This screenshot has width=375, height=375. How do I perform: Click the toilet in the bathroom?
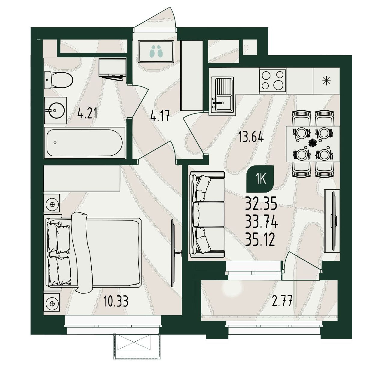(58, 80)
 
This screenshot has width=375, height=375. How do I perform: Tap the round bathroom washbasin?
(56, 110)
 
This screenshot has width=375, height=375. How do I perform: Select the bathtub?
(84, 143)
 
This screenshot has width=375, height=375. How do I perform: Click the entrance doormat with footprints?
(156, 52)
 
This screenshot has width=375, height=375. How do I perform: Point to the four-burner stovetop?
(273, 80)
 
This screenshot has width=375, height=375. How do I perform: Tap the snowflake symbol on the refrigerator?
(326, 81)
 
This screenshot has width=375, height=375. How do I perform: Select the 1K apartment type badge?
(260, 179)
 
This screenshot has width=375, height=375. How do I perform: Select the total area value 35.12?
(260, 240)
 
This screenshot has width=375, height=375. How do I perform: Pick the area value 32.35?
(261, 203)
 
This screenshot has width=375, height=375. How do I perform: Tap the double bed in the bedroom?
(93, 253)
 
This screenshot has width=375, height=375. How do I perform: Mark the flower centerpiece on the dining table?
(312, 143)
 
